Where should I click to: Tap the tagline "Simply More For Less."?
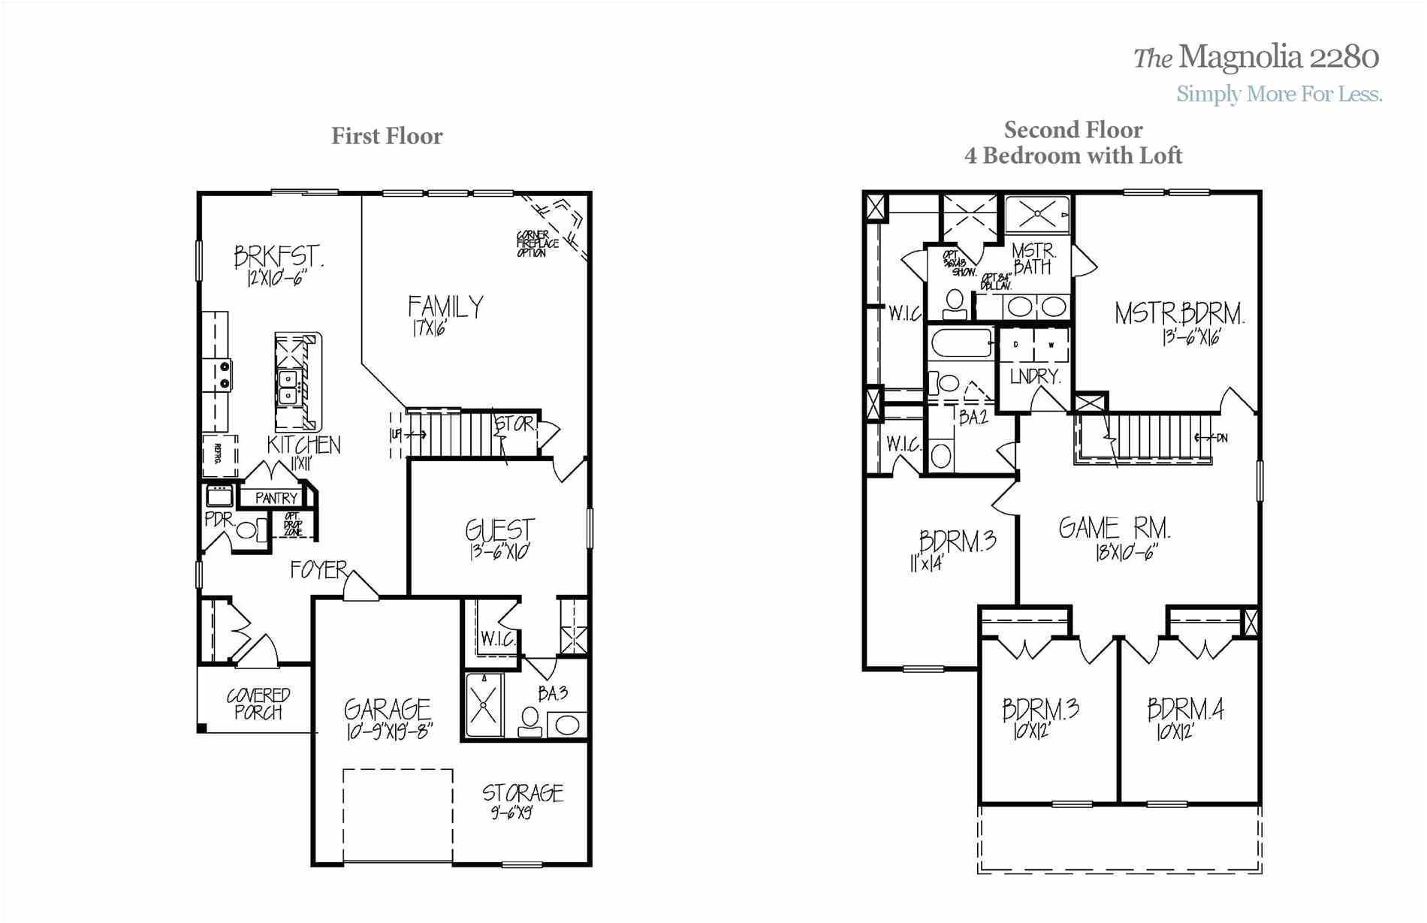point(1279,94)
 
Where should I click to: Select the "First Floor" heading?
point(387,136)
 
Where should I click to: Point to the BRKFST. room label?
point(279,257)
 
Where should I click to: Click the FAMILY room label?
point(445,306)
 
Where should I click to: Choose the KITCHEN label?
point(303,445)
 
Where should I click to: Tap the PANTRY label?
point(276,498)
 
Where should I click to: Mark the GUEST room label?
point(500,530)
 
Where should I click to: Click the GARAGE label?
point(388,709)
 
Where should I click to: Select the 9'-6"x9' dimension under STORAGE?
point(512,813)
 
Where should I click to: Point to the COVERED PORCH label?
point(258,704)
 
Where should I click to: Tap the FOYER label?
point(319,570)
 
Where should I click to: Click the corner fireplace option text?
point(536,244)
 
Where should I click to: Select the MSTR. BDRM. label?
point(1179,313)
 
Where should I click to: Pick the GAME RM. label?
point(1115,528)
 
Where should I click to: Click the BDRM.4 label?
point(1185,710)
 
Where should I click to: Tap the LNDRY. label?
point(1034,376)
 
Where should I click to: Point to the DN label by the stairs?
point(1221,438)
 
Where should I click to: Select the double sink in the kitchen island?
point(288,388)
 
